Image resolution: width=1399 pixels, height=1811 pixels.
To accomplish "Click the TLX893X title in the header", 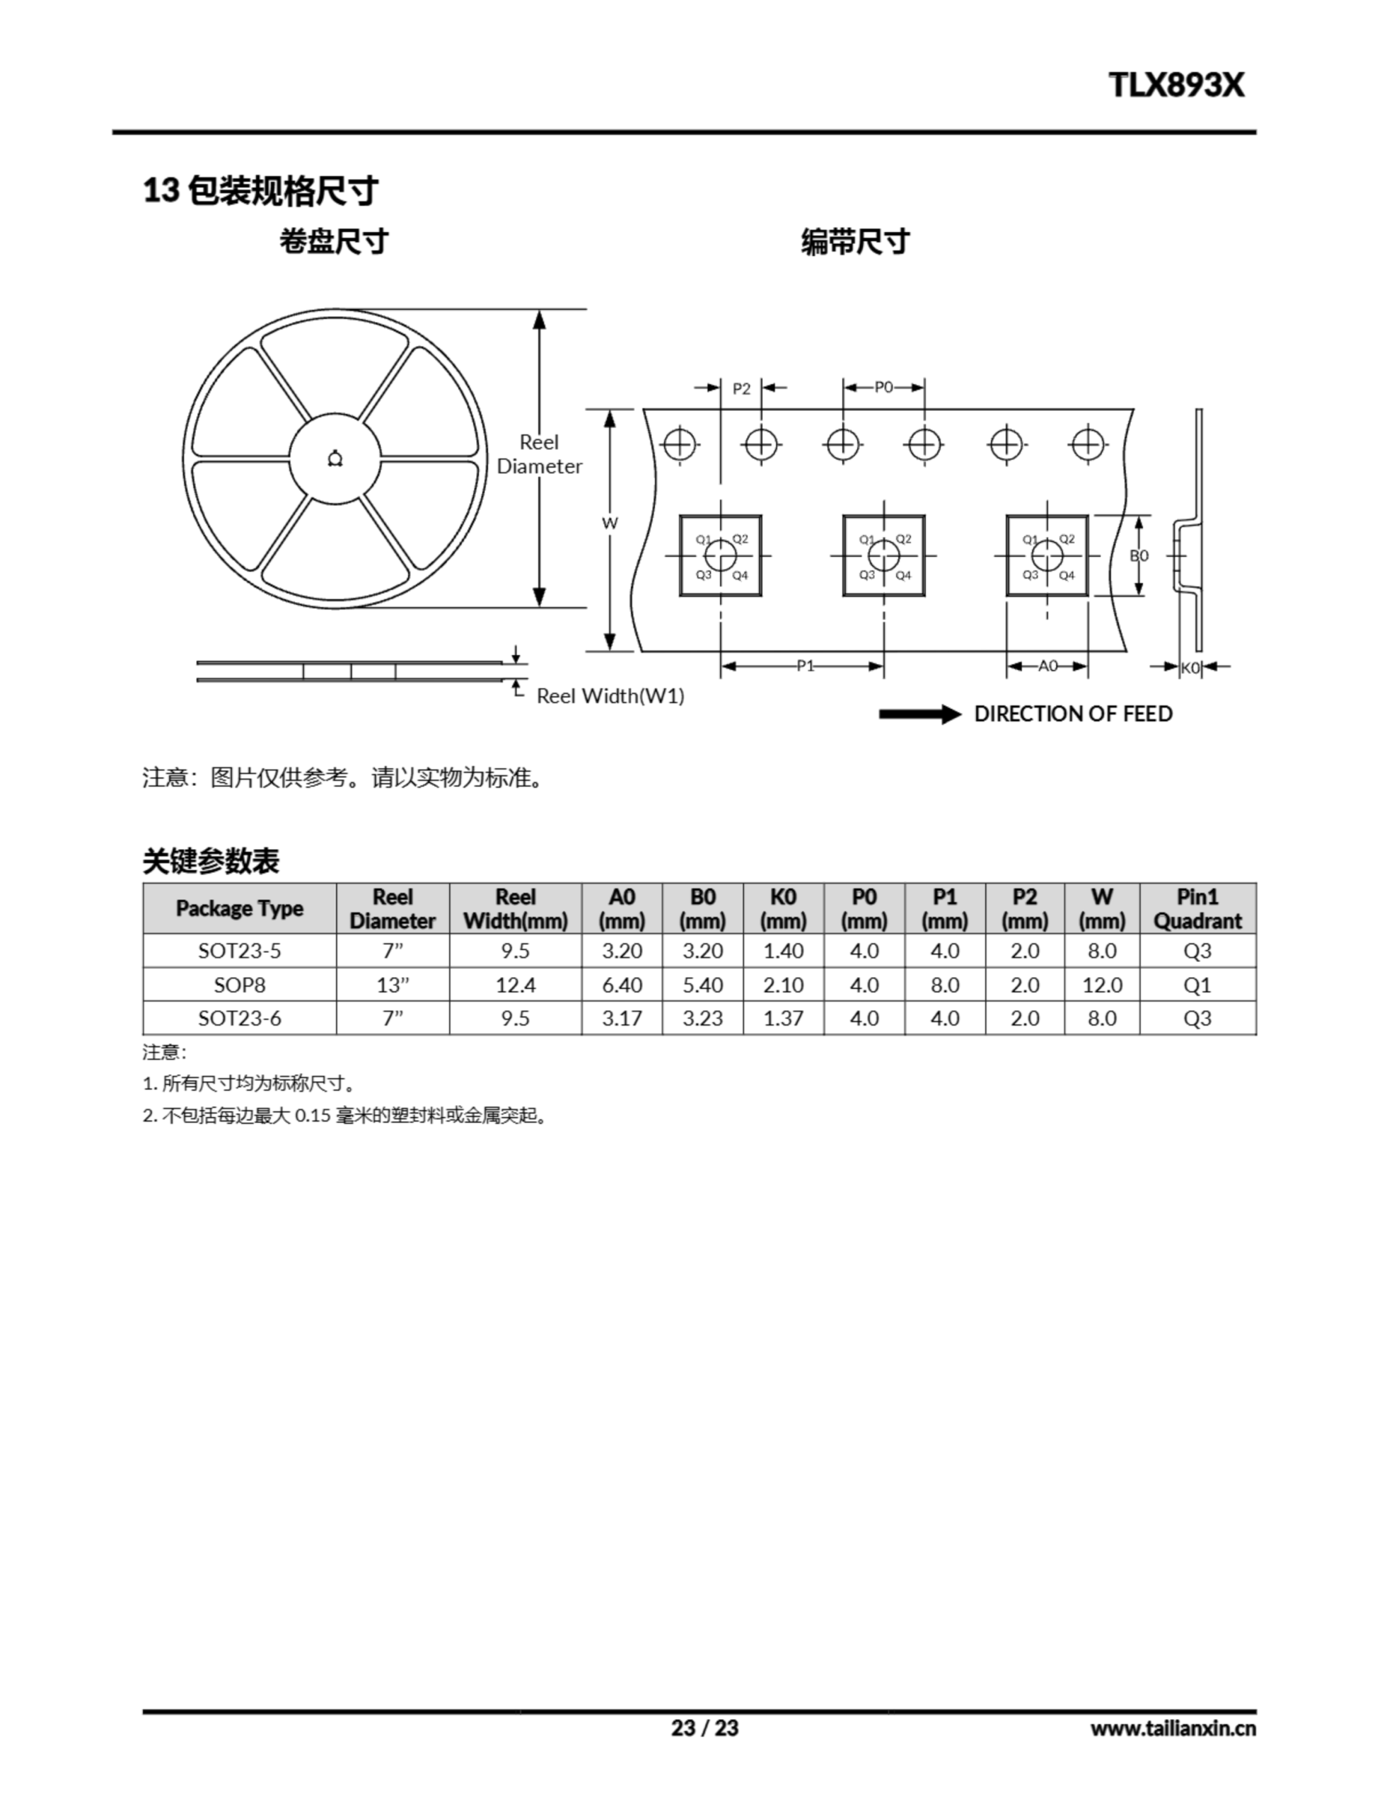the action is click(1176, 85).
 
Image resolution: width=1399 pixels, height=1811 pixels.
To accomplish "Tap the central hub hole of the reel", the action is click(335, 458).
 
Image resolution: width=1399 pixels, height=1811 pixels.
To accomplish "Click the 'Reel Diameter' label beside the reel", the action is click(539, 453).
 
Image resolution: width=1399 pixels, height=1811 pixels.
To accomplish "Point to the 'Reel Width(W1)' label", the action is click(610, 695).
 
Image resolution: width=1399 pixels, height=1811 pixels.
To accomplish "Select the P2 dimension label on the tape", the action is click(741, 389).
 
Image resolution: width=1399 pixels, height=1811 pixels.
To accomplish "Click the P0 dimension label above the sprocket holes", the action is click(884, 386).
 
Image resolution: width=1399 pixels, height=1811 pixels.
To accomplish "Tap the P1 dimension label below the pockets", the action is click(805, 665).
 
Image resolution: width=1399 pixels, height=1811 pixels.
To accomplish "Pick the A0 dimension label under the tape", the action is click(1048, 665).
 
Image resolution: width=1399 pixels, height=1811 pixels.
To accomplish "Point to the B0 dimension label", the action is click(1139, 555).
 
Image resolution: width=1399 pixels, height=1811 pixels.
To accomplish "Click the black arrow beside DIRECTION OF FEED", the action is click(919, 714).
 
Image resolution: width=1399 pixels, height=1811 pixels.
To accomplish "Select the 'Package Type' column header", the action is click(240, 908).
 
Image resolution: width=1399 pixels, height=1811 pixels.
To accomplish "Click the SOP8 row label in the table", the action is click(240, 985).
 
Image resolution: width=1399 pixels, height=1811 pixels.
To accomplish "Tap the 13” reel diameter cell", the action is click(393, 985).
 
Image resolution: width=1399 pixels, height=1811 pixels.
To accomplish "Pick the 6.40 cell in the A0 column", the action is click(622, 985).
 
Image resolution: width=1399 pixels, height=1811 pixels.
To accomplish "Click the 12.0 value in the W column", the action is click(1102, 985).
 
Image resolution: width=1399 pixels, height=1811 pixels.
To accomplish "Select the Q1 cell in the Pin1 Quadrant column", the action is click(1197, 985).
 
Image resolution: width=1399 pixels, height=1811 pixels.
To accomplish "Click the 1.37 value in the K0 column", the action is click(784, 1018).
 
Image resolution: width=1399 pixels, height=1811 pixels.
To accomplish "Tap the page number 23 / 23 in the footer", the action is click(705, 1728).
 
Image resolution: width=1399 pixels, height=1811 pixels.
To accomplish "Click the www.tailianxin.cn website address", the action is click(1173, 1728).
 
